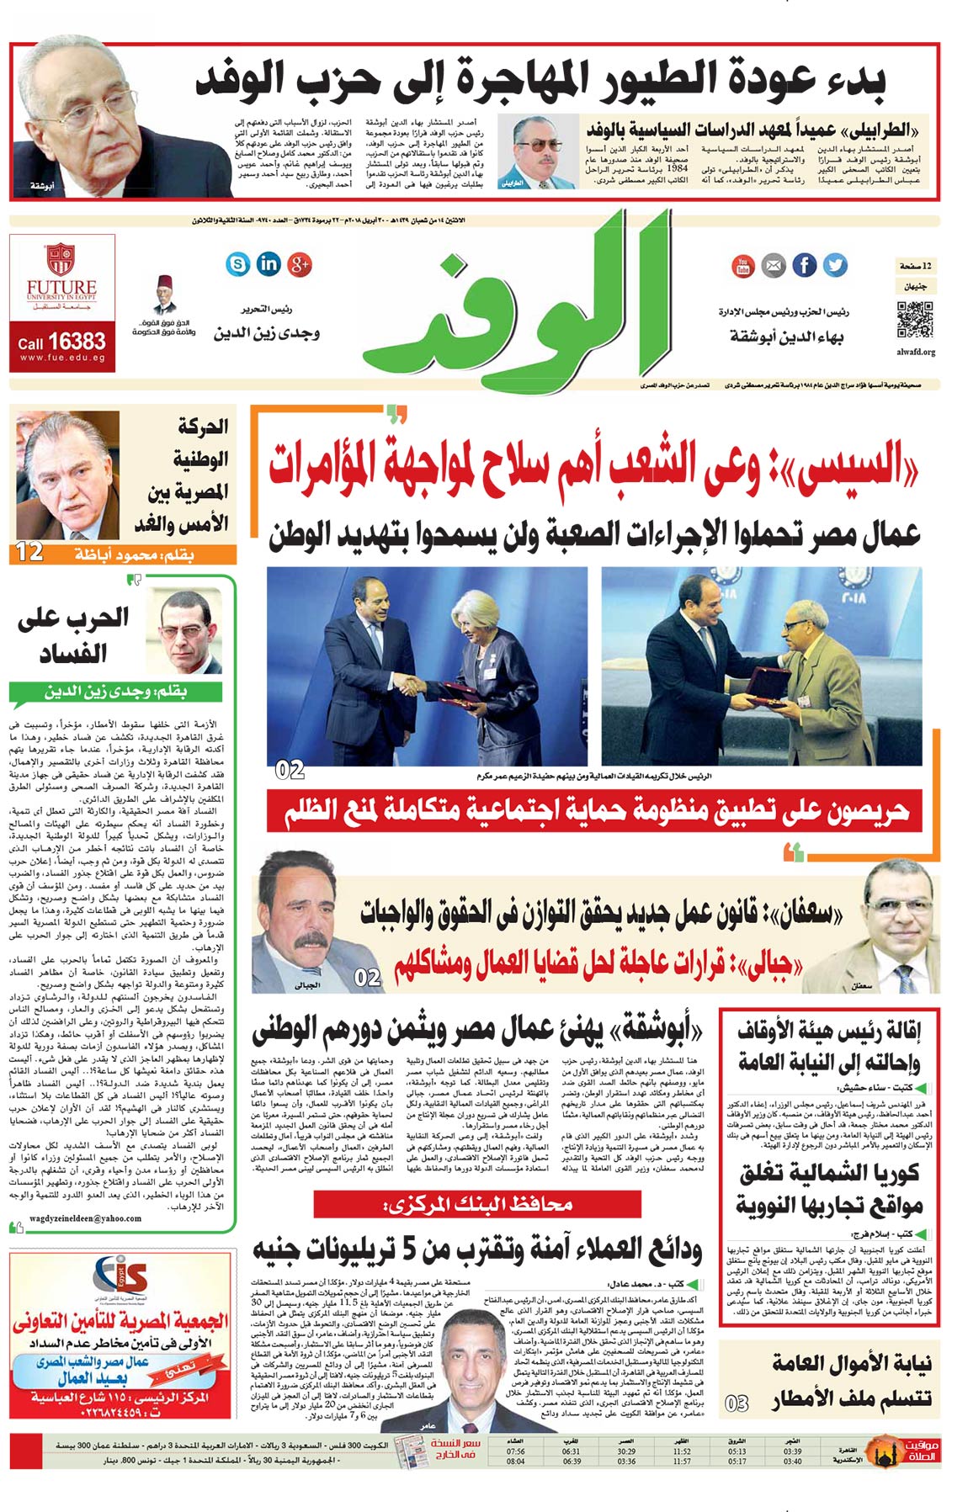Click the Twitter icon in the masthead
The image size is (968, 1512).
835,265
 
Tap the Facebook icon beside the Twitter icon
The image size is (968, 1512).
805,265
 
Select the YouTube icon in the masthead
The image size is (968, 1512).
743,265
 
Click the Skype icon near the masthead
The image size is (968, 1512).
238,264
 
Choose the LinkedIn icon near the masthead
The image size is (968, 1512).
269,264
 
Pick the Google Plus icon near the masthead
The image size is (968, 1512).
300,264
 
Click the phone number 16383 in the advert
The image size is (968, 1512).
77,341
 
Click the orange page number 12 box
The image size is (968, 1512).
29,553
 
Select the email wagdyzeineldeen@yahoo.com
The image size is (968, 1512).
74,1218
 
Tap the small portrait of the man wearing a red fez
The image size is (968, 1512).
165,294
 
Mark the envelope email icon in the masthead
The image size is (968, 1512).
774,266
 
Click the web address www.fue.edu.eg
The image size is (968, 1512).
62,358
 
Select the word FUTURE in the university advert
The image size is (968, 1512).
61,287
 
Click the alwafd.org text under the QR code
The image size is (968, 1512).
916,352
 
